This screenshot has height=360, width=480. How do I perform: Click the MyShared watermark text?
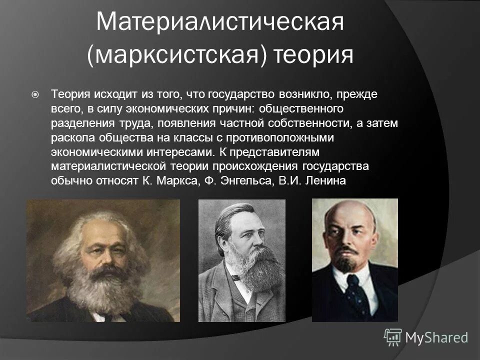436,337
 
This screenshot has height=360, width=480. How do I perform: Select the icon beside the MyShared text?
393,337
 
